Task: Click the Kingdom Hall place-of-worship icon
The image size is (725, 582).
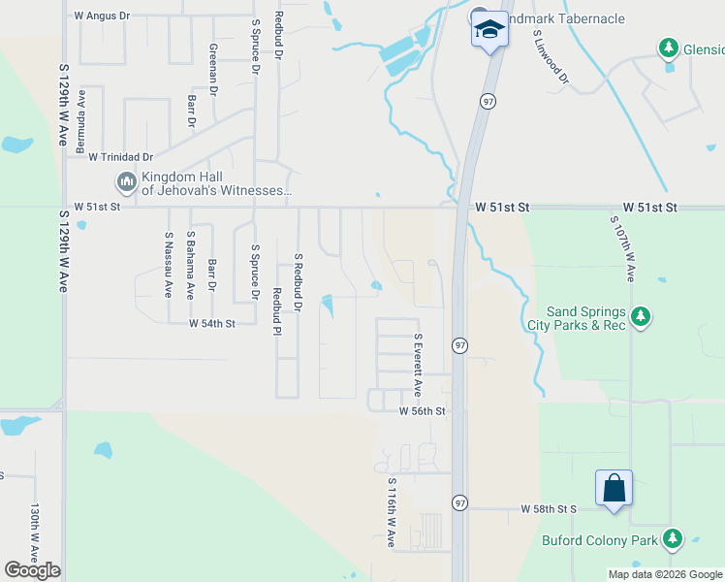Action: [126, 181]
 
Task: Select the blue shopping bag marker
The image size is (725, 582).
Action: [615, 487]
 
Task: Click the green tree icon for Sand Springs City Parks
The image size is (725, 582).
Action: [640, 316]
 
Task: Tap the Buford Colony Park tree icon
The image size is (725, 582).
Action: [672, 538]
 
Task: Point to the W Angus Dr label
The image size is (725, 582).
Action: [114, 16]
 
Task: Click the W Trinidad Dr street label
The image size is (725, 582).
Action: [121, 156]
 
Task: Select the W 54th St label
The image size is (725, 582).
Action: [211, 323]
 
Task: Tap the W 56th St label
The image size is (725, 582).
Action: [422, 411]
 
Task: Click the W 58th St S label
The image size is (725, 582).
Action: [548, 508]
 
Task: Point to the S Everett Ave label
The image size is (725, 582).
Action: [418, 365]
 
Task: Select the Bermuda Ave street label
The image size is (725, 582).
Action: [82, 116]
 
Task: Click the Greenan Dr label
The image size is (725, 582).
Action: [212, 67]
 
